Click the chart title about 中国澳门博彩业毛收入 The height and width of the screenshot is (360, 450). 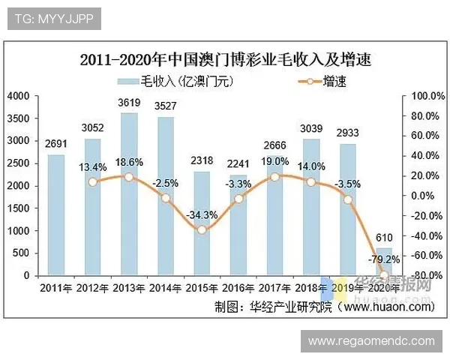tap(226, 58)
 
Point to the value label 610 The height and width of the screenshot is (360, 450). tap(383, 238)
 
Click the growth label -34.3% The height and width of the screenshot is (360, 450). tap(202, 214)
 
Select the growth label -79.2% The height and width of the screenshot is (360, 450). tap(381, 260)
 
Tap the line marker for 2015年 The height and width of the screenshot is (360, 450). tap(202, 229)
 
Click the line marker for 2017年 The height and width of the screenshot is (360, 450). tap(275, 176)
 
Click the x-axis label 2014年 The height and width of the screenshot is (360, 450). tap(165, 289)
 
